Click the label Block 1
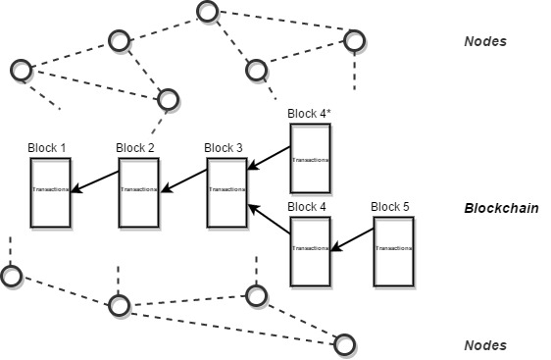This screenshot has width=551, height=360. coord(48,148)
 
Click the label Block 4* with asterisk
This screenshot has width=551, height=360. coord(310,114)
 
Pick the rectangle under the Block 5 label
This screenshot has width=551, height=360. coord(393,251)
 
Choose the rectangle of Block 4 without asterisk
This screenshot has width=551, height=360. coord(310,251)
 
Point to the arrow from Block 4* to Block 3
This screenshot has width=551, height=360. coord(269,159)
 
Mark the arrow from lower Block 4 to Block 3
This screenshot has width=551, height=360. coord(270,221)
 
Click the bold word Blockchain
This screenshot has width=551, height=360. coord(501,209)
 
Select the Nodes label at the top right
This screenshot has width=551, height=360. coord(484,42)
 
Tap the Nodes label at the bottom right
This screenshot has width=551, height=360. coord(484,345)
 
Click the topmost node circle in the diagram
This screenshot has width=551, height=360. coord(207,12)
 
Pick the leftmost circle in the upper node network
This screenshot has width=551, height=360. coord(22,70)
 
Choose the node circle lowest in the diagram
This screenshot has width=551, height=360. coord(344,344)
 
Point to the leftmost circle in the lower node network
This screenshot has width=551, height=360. coord(11,276)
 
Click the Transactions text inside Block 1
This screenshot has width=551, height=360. coord(50,190)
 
